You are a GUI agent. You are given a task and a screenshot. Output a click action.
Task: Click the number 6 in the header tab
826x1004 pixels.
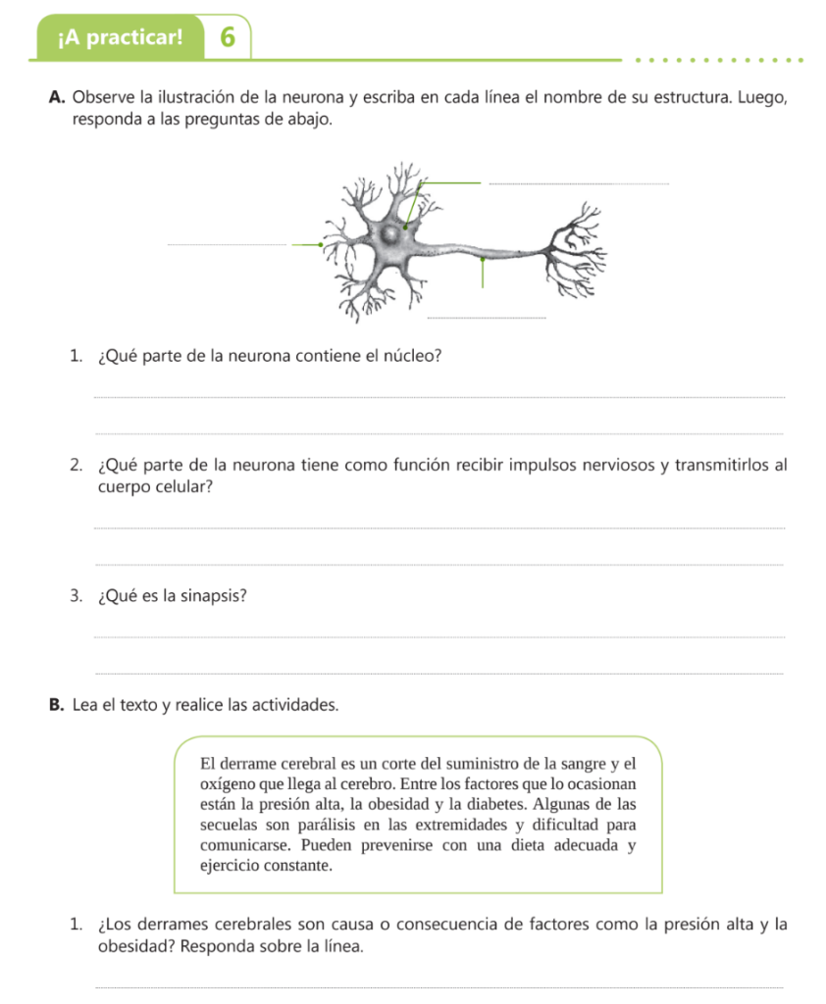tap(228, 37)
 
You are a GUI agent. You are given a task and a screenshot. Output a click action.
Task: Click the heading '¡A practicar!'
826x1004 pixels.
tap(120, 38)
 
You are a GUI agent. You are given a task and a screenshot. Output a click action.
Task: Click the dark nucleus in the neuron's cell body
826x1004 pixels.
tap(391, 235)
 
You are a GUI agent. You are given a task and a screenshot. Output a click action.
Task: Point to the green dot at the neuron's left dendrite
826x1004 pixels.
tap(321, 245)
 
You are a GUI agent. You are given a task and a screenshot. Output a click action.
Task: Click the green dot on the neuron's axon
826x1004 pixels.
tap(482, 261)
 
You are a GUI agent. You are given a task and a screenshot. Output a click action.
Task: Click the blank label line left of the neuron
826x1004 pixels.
tap(227, 245)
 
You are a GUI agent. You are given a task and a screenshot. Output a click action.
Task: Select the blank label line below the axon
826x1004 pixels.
tap(486, 318)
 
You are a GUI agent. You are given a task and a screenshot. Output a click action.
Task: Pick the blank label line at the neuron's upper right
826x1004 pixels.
tap(578, 182)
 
